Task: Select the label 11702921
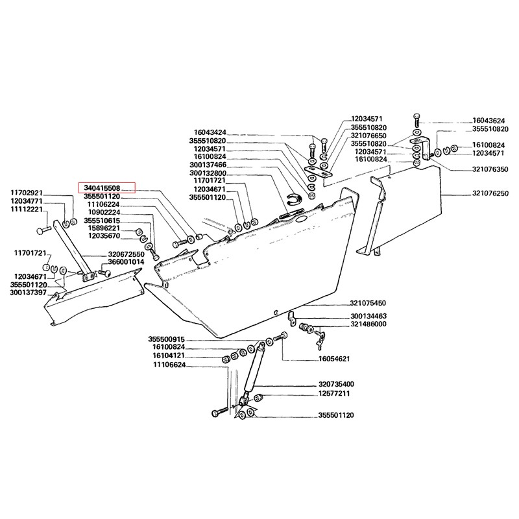(25, 193)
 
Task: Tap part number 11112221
(25, 210)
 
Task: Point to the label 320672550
(126, 254)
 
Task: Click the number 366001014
(126, 262)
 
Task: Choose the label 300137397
(28, 293)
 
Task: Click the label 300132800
(208, 174)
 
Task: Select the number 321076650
(368, 136)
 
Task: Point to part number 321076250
(491, 194)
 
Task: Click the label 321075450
(368, 303)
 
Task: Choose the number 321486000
(368, 324)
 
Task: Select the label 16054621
(335, 358)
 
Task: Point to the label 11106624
(170, 365)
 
